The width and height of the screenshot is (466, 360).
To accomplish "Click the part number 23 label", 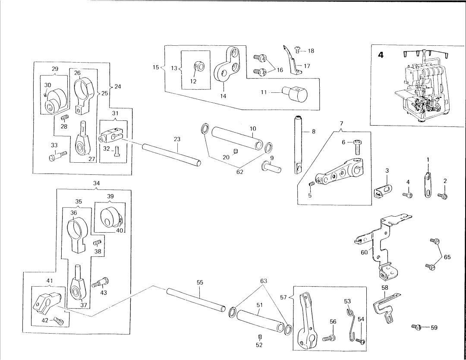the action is (177, 139).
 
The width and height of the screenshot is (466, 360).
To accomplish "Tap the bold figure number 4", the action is (381, 55).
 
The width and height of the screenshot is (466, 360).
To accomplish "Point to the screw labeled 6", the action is (357, 147).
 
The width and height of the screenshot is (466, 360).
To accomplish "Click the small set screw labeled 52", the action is (259, 337).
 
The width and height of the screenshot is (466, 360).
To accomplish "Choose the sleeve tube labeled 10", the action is (237, 139).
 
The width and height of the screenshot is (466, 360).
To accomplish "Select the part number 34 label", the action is (96, 183).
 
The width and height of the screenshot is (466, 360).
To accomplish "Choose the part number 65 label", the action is (447, 257).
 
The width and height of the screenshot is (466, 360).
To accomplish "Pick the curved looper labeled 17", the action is (292, 60).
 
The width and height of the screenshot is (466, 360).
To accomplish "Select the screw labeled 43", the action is (101, 282).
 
